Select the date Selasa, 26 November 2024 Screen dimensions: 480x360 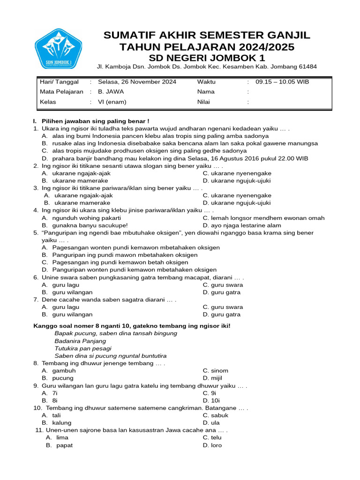[x=137, y=82]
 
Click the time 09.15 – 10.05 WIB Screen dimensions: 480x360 [x=282, y=82]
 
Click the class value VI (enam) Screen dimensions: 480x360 [x=112, y=102]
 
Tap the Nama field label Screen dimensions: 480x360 [x=205, y=92]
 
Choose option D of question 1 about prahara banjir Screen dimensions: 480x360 [x=180, y=158]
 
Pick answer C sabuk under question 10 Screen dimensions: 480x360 [x=219, y=415]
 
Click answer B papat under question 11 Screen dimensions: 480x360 [x=64, y=445]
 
